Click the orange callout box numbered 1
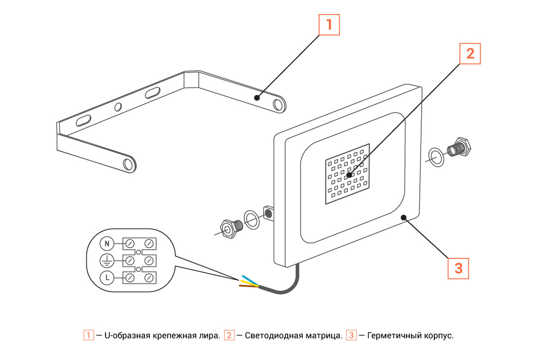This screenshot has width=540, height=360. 329,25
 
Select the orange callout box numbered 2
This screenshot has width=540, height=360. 470,54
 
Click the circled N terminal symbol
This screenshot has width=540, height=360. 107,244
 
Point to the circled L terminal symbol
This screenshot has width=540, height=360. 107,278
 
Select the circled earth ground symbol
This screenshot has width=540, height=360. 107,261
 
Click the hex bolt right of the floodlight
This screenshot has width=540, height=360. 458,148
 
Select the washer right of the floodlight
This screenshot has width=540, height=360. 436,156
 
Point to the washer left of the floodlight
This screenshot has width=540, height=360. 252,219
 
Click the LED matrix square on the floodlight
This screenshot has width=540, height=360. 347,174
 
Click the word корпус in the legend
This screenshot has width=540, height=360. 438,336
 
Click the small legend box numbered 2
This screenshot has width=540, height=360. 229,336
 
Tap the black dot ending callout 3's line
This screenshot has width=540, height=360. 404,217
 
